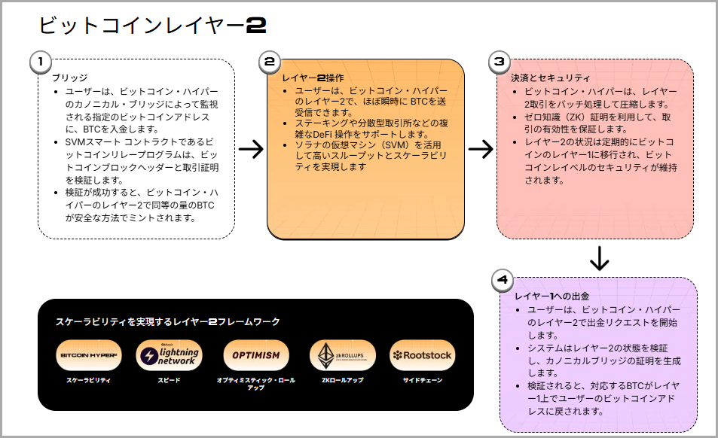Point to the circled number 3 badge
(x=499, y=62)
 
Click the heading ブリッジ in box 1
(x=69, y=78)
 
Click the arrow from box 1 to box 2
(x=251, y=148)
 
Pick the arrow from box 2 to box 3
(x=480, y=148)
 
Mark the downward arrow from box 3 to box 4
(x=599, y=257)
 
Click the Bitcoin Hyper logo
(x=89, y=355)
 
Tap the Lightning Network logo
(x=169, y=355)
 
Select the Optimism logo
(x=256, y=355)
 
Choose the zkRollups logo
(x=342, y=355)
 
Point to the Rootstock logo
(x=422, y=355)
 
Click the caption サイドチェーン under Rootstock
(x=422, y=381)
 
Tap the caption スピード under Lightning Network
(x=169, y=381)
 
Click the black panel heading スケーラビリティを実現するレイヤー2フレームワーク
(x=168, y=321)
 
